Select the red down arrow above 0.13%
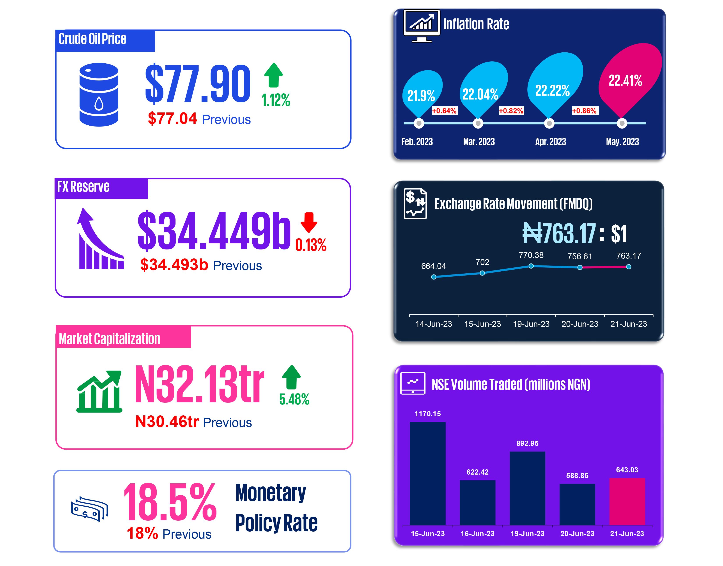click(x=309, y=222)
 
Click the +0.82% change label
click(x=511, y=111)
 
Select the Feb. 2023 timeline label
click(x=417, y=142)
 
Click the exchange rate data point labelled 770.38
click(x=531, y=266)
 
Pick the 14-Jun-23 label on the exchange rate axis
click(x=434, y=324)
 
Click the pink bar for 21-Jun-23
click(x=627, y=501)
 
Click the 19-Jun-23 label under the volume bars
click(x=527, y=534)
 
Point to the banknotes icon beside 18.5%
click(x=89, y=509)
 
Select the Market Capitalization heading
click(x=109, y=339)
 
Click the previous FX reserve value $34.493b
click(x=174, y=264)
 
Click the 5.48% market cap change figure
click(x=294, y=399)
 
